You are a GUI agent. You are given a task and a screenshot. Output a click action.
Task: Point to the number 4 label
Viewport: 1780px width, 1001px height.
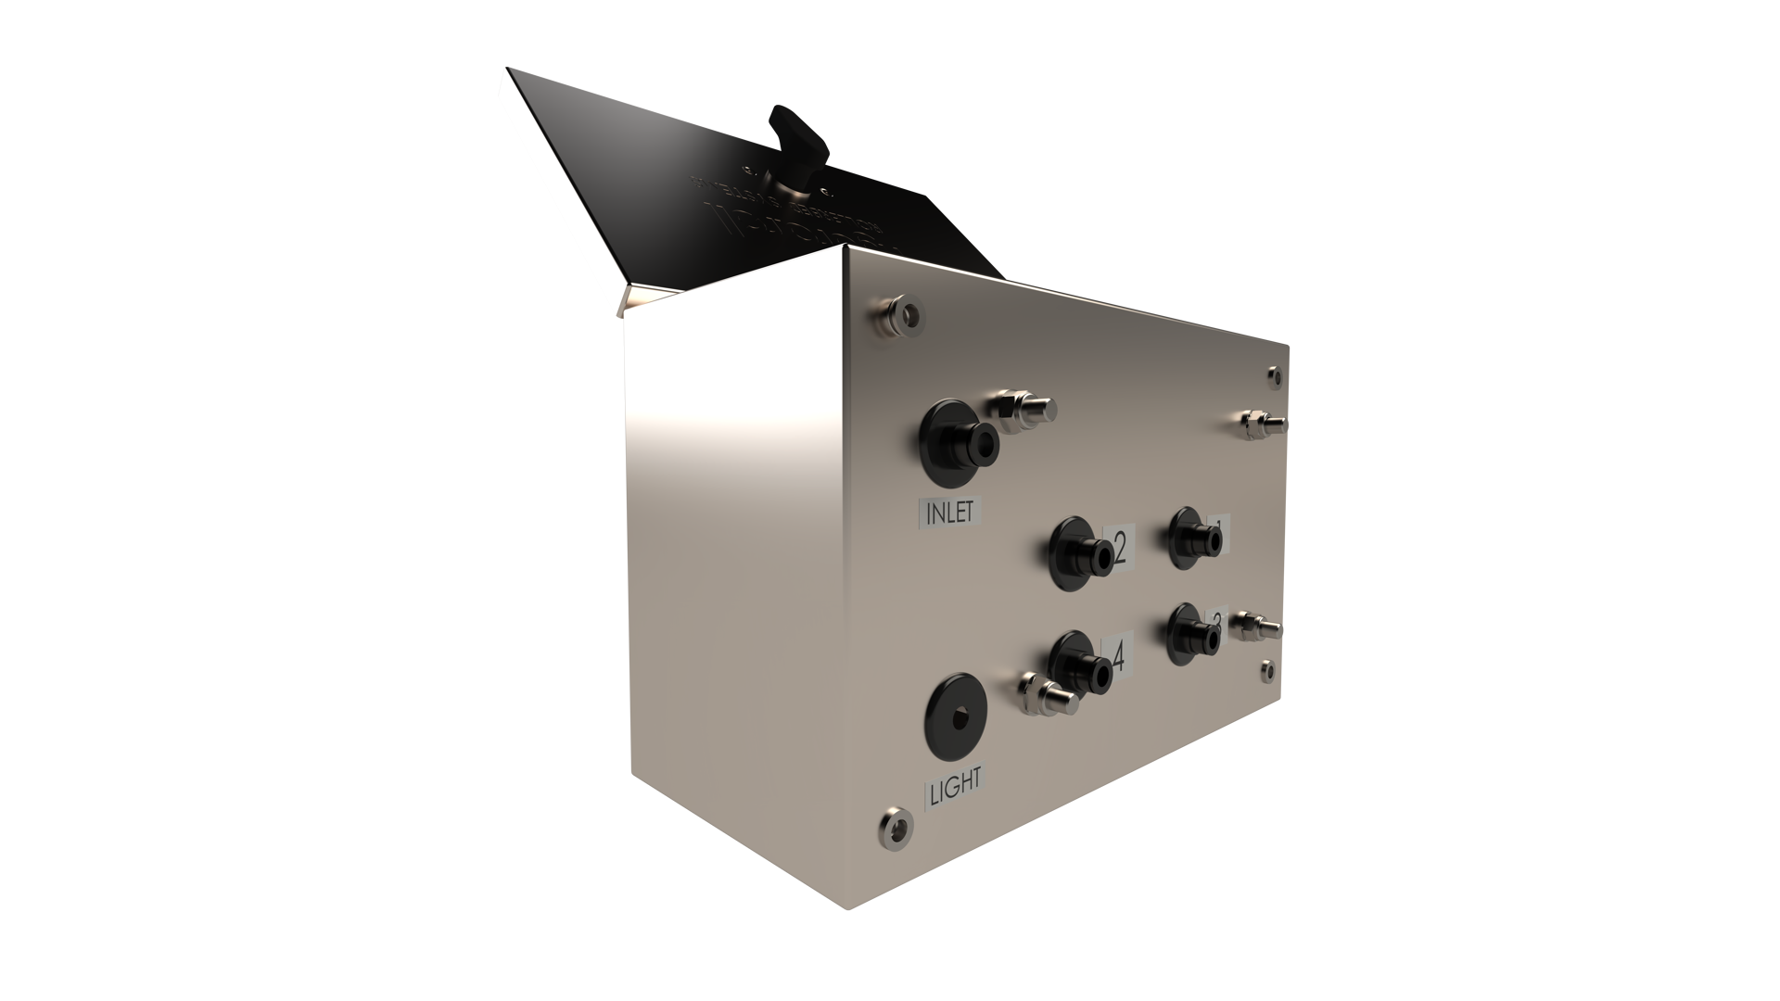click(x=1117, y=657)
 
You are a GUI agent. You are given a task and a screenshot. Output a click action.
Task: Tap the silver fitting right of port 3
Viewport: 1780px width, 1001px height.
click(x=1257, y=629)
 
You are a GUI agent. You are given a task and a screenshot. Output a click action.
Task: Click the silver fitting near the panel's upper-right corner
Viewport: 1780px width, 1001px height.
click(x=1263, y=424)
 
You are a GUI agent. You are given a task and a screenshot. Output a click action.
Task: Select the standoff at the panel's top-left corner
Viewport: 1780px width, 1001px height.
click(x=900, y=313)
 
